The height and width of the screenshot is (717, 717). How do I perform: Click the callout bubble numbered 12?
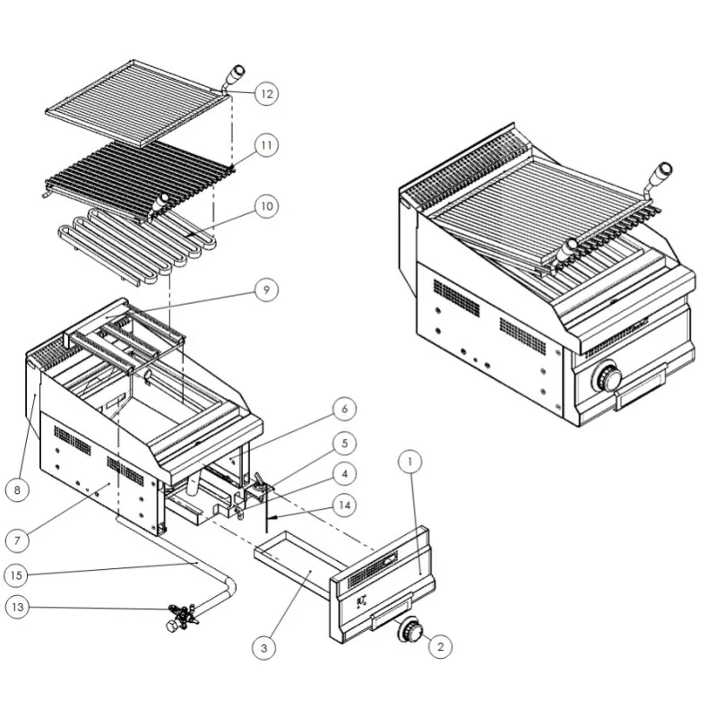click(x=266, y=93)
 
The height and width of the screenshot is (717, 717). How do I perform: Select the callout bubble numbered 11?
click(x=266, y=143)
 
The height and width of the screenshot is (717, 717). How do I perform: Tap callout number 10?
click(x=266, y=206)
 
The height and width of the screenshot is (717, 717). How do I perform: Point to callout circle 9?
click(x=266, y=289)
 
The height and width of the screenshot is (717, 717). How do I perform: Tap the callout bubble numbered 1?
click(x=409, y=462)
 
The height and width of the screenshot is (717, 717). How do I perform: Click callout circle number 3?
click(x=263, y=645)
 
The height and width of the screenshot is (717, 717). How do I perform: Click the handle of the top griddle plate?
click(x=236, y=75)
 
